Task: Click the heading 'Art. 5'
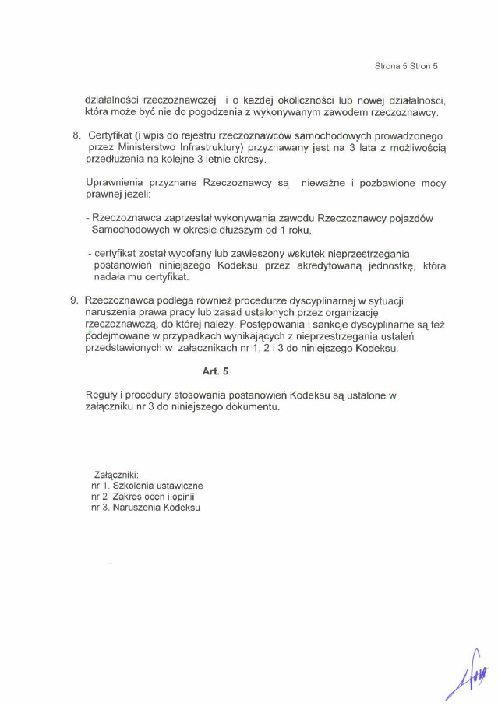point(215,371)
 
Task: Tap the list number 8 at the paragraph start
point(76,135)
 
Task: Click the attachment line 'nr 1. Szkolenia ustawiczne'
point(147,485)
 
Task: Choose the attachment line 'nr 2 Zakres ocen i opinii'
point(142,496)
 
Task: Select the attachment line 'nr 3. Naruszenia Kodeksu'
point(145,508)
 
